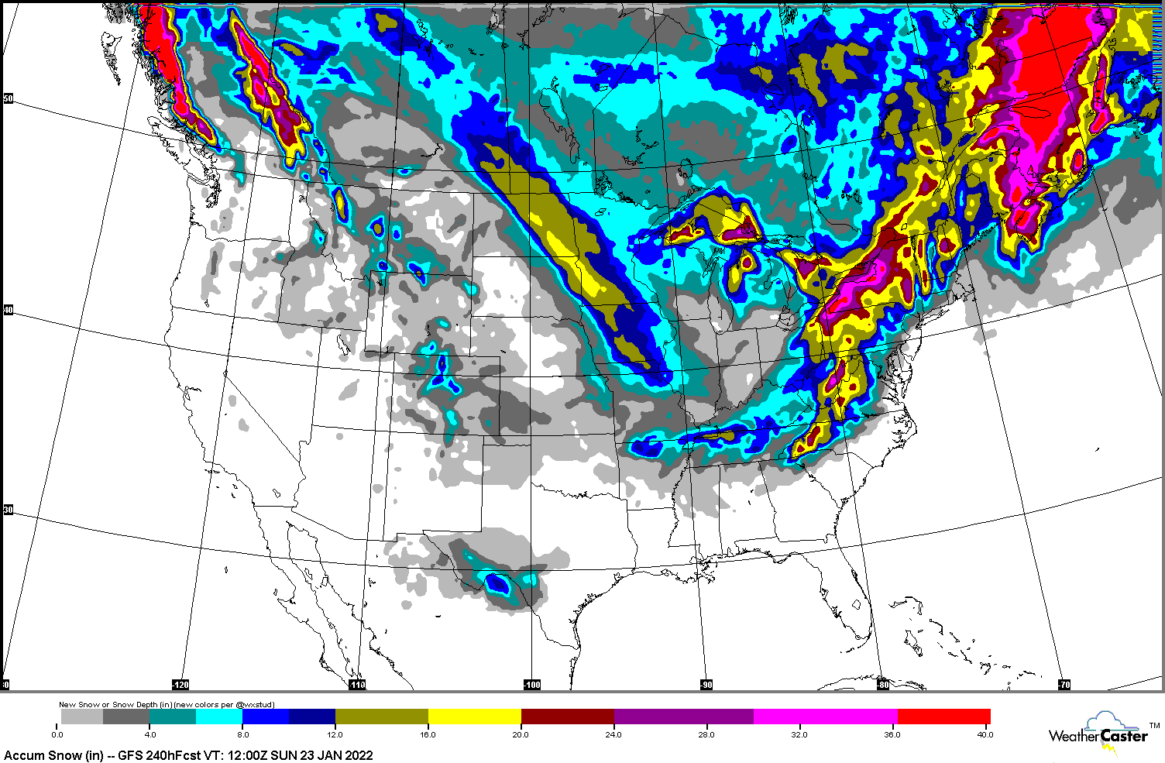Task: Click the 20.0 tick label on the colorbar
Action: pyautogui.click(x=521, y=734)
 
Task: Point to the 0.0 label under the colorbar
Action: pyautogui.click(x=57, y=734)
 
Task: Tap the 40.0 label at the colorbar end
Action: pyautogui.click(x=985, y=734)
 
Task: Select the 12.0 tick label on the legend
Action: pyautogui.click(x=335, y=734)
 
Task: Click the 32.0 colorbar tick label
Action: pyautogui.click(x=799, y=734)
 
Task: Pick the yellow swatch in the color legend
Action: pyautogui.click(x=474, y=717)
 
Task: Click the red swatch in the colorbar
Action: pyautogui.click(x=943, y=717)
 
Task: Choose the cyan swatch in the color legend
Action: pyautogui.click(x=219, y=717)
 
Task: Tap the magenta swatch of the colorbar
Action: pyautogui.click(x=825, y=717)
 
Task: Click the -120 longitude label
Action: pyautogui.click(x=180, y=685)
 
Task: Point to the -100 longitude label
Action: pyautogui.click(x=531, y=685)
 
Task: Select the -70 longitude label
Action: pyautogui.click(x=1064, y=685)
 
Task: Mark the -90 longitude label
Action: pyautogui.click(x=706, y=685)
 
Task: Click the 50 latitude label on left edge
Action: pyautogui.click(x=8, y=98)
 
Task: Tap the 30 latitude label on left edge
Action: pyautogui.click(x=8, y=510)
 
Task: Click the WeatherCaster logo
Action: pyautogui.click(x=1100, y=733)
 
